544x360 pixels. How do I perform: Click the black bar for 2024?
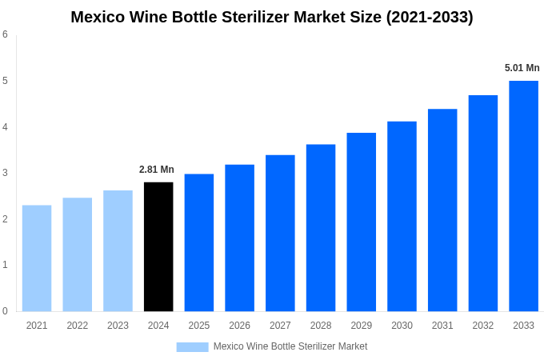pos(158,246)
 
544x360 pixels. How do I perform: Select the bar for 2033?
pos(523,196)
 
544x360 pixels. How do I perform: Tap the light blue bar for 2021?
pos(37,258)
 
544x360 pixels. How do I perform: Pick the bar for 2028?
pos(321,228)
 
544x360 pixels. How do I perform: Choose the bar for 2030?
pos(402,216)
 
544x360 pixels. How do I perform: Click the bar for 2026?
pos(239,238)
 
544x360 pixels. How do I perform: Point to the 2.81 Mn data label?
pos(157,170)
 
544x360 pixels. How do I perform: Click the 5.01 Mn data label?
pos(522,68)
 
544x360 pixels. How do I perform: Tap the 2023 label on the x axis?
pos(118,326)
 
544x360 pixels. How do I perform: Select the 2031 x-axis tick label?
pos(442,326)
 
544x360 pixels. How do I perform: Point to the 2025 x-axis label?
pos(199,326)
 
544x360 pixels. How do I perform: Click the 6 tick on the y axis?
pos(5,34)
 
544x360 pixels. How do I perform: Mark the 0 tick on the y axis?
pos(5,311)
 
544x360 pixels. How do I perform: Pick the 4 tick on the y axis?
pos(5,126)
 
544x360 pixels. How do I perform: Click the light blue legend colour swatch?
pos(192,347)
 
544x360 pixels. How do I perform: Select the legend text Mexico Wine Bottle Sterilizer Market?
pos(290,346)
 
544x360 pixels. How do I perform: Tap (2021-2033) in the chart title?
pos(430,17)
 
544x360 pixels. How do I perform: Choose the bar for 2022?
pos(78,254)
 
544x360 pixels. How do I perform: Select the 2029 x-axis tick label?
pos(362,326)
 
